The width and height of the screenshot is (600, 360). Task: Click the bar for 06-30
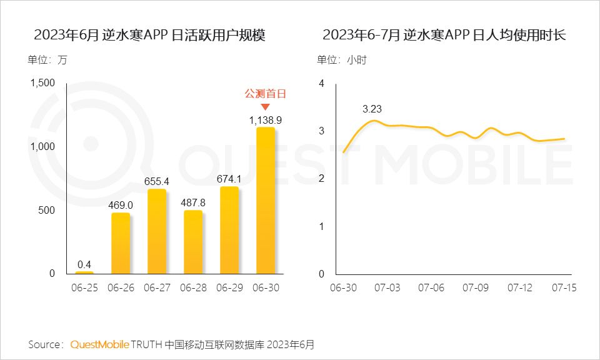pos(265,200)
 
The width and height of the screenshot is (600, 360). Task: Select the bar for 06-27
pos(157,231)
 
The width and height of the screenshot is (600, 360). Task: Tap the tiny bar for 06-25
pos(84,272)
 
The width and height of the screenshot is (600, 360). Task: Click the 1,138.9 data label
pos(265,119)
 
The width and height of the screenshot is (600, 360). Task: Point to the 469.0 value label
pos(121,204)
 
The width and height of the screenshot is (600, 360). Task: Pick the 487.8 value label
pos(192,202)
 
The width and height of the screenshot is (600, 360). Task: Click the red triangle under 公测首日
pos(265,107)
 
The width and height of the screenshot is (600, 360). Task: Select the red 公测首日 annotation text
pos(265,94)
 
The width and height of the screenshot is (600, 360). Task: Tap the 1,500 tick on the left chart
pos(42,83)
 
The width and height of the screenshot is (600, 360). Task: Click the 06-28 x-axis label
pos(192,288)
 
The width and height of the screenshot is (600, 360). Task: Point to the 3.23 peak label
pos(372,109)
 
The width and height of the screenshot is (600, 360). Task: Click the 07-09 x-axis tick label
pos(475,288)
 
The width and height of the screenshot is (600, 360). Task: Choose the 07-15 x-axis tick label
pos(564,288)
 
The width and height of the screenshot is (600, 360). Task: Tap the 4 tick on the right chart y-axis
pos(321,83)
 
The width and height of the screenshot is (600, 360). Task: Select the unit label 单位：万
pos(47,60)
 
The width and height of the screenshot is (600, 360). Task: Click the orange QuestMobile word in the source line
pos(99,344)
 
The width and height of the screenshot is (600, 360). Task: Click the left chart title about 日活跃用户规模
pos(150,35)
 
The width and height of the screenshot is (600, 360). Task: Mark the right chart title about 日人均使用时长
pos(444,35)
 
